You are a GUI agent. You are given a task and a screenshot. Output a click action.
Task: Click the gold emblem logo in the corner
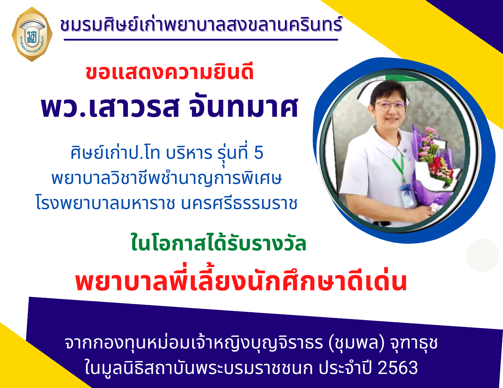coord(32,34)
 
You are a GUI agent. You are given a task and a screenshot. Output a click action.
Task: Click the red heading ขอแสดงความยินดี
coord(170,73)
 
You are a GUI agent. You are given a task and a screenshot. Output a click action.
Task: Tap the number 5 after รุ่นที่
coord(259,153)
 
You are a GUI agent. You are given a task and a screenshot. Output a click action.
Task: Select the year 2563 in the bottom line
coord(398,368)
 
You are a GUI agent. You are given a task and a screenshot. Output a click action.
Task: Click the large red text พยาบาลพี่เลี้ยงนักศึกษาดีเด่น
coord(241,281)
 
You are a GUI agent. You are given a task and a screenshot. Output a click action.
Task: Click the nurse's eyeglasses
coord(390,106)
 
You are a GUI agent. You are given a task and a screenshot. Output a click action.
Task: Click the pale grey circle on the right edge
coord(483,255)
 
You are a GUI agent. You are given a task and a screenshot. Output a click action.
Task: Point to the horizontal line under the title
coord(201,40)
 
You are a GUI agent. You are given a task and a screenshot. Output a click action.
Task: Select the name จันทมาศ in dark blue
coord(243,107)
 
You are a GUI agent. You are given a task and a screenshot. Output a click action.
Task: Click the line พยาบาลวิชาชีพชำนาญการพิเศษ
coord(166,178)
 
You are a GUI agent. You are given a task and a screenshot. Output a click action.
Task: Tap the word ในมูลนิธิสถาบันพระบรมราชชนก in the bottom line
coord(199,368)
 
